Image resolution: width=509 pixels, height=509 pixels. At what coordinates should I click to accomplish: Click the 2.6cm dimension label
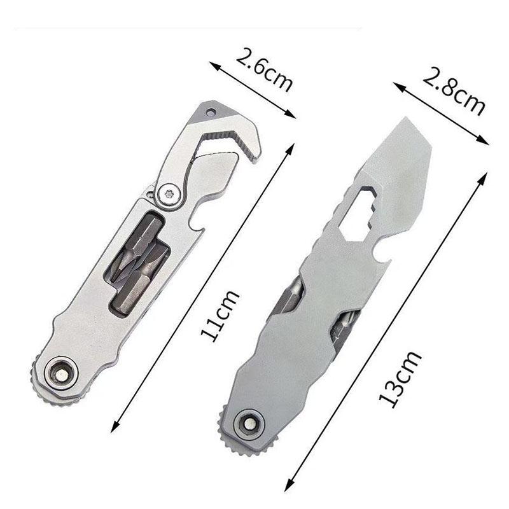click(263, 71)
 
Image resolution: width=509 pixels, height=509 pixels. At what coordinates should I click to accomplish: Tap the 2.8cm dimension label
click(453, 91)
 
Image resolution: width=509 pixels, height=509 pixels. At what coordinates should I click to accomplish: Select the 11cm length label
click(219, 316)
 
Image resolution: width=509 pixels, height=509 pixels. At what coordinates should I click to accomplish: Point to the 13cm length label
click(400, 379)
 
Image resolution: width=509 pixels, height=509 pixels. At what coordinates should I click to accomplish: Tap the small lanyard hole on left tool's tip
click(211, 112)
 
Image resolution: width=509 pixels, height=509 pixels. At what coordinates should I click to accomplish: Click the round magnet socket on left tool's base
click(61, 375)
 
